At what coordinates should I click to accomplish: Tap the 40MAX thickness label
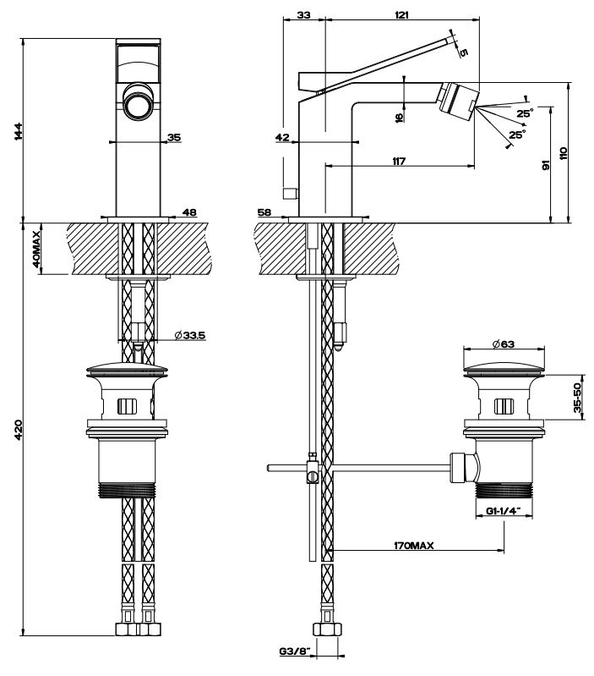pyautogui.click(x=36, y=247)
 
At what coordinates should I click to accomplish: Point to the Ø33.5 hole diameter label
pyautogui.click(x=191, y=335)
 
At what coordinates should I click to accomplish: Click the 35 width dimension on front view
pyautogui.click(x=173, y=137)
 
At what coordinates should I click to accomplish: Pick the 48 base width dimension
pyautogui.click(x=189, y=212)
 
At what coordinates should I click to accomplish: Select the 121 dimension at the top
pyautogui.click(x=401, y=15)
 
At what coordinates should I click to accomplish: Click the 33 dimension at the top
pyautogui.click(x=303, y=15)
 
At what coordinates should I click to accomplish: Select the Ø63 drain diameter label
pyautogui.click(x=505, y=343)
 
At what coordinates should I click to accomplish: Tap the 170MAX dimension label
pyautogui.click(x=414, y=547)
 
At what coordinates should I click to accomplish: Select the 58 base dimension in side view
pyautogui.click(x=264, y=212)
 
